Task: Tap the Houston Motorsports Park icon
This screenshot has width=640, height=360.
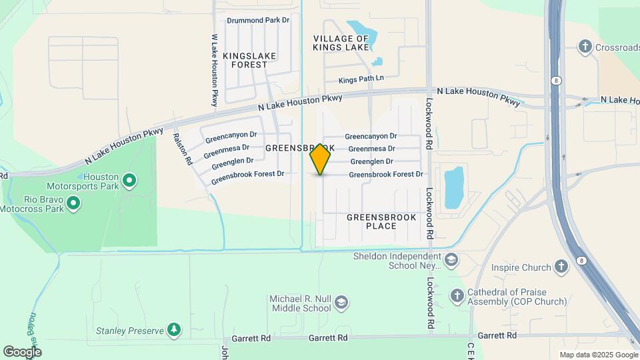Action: (x=130, y=180)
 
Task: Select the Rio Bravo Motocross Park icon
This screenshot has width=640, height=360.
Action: (x=73, y=202)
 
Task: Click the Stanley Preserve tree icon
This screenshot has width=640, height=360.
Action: (x=174, y=330)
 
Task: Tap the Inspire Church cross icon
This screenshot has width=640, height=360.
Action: (x=561, y=268)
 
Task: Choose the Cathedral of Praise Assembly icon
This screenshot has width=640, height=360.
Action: (x=457, y=295)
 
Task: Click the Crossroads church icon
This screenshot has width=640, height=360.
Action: (x=585, y=47)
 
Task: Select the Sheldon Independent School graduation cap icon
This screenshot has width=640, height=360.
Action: (x=451, y=260)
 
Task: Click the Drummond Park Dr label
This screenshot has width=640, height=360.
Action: (x=258, y=20)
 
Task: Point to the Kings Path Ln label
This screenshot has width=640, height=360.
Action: (x=361, y=79)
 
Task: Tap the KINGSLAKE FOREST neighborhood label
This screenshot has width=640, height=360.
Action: (x=245, y=60)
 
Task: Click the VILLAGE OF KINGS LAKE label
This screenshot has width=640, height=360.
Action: (x=341, y=43)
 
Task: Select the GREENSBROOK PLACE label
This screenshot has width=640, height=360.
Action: (x=381, y=221)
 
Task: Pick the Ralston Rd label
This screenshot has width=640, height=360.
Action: (x=182, y=148)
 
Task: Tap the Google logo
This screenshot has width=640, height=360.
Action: (x=22, y=351)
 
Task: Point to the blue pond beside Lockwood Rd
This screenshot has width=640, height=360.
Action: (x=454, y=187)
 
